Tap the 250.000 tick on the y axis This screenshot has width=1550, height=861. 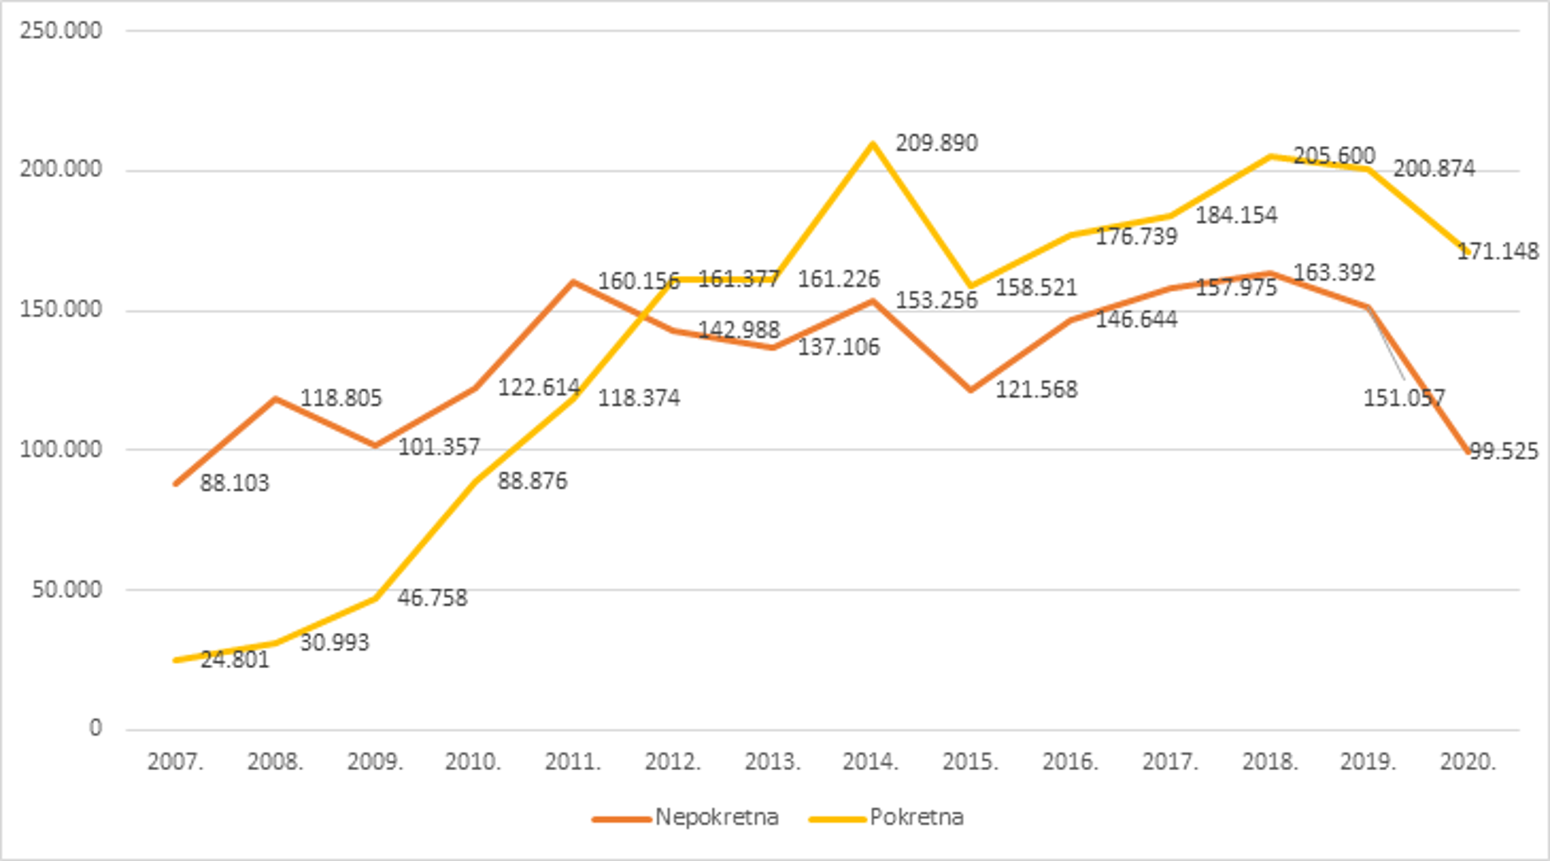tap(61, 31)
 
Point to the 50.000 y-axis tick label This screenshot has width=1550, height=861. tap(67, 590)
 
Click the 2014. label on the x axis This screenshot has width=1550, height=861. tap(871, 761)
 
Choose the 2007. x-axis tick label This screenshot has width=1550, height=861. tap(175, 761)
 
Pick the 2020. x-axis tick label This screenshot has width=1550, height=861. tap(1468, 761)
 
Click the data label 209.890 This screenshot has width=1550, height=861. tap(936, 143)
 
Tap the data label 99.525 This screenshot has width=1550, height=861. tap(1503, 451)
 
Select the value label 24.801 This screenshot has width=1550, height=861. tap(234, 660)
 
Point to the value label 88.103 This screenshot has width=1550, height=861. tap(234, 483)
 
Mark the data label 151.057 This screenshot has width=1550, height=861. tap(1403, 398)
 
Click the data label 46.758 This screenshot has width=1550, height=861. tap(432, 598)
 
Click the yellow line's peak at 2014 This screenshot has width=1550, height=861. tap(872, 144)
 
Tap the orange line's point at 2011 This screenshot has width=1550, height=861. tap(573, 282)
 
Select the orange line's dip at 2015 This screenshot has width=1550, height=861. tap(971, 390)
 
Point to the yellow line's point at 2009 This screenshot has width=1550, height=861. tap(375, 598)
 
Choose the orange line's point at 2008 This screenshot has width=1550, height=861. tap(275, 398)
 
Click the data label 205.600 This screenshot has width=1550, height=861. tap(1333, 155)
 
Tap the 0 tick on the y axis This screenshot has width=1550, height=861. tap(95, 729)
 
